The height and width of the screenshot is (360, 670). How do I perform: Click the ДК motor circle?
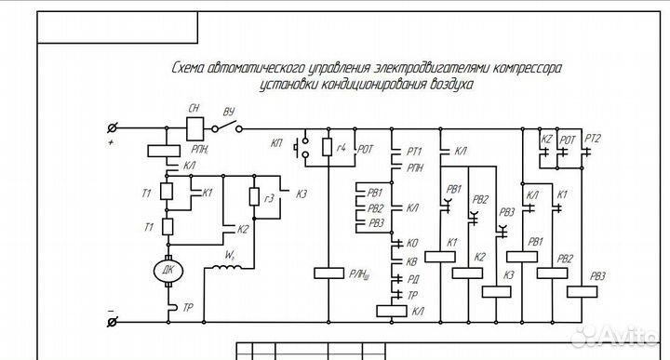pos(167,270)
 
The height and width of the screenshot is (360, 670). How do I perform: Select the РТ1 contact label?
pos(415,151)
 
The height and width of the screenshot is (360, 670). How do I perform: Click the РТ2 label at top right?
pos(592,140)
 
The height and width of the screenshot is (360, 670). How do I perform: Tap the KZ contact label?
pos(547,140)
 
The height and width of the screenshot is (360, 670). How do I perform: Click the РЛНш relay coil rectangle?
pos(331,273)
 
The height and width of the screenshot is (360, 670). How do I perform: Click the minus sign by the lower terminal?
pos(112,310)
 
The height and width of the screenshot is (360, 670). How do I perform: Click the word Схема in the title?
pos(192,68)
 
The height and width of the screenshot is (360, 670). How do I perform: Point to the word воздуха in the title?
pos(450,84)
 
